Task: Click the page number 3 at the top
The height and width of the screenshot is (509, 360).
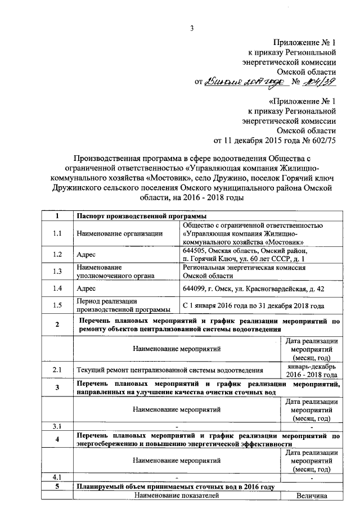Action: pyautogui.click(x=191, y=29)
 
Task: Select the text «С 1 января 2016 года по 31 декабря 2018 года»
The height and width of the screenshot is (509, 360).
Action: pyautogui.click(x=253, y=305)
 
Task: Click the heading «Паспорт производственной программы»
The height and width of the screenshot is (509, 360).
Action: pyautogui.click(x=141, y=217)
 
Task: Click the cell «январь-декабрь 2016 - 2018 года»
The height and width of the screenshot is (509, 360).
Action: pyautogui.click(x=311, y=370)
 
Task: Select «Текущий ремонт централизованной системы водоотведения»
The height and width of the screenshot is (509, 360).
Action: pyautogui.click(x=170, y=371)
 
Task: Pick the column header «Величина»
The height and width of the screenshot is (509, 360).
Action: pyautogui.click(x=311, y=496)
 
